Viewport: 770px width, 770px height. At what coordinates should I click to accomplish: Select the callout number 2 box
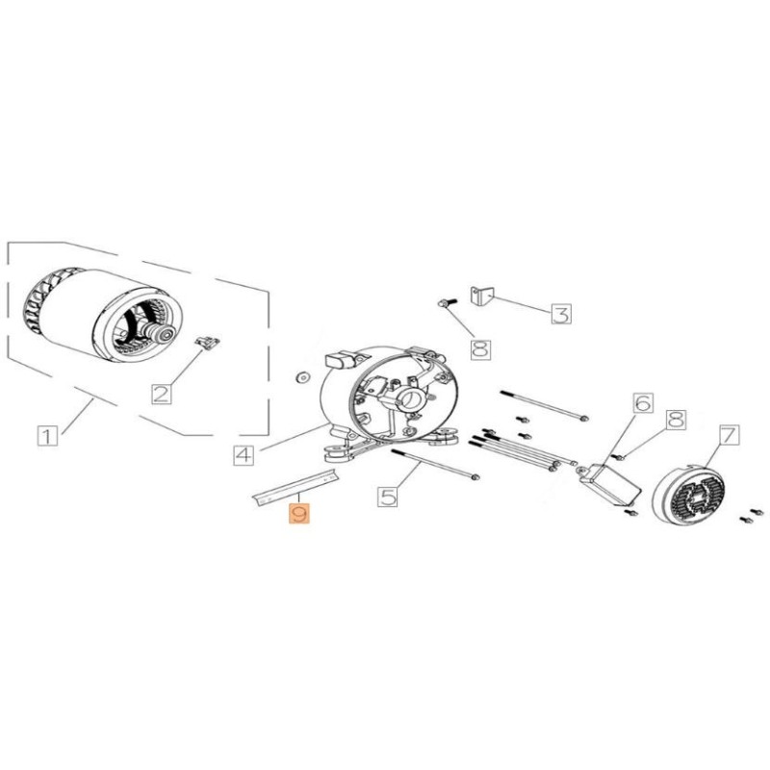tap(162, 392)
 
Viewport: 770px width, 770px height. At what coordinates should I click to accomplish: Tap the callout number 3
tap(561, 313)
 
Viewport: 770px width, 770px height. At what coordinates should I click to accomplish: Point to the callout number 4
tap(244, 452)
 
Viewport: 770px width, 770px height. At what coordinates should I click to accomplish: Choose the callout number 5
tap(388, 497)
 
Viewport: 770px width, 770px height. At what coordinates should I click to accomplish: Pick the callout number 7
tap(728, 435)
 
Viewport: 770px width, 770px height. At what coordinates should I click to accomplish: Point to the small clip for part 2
tap(206, 343)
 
